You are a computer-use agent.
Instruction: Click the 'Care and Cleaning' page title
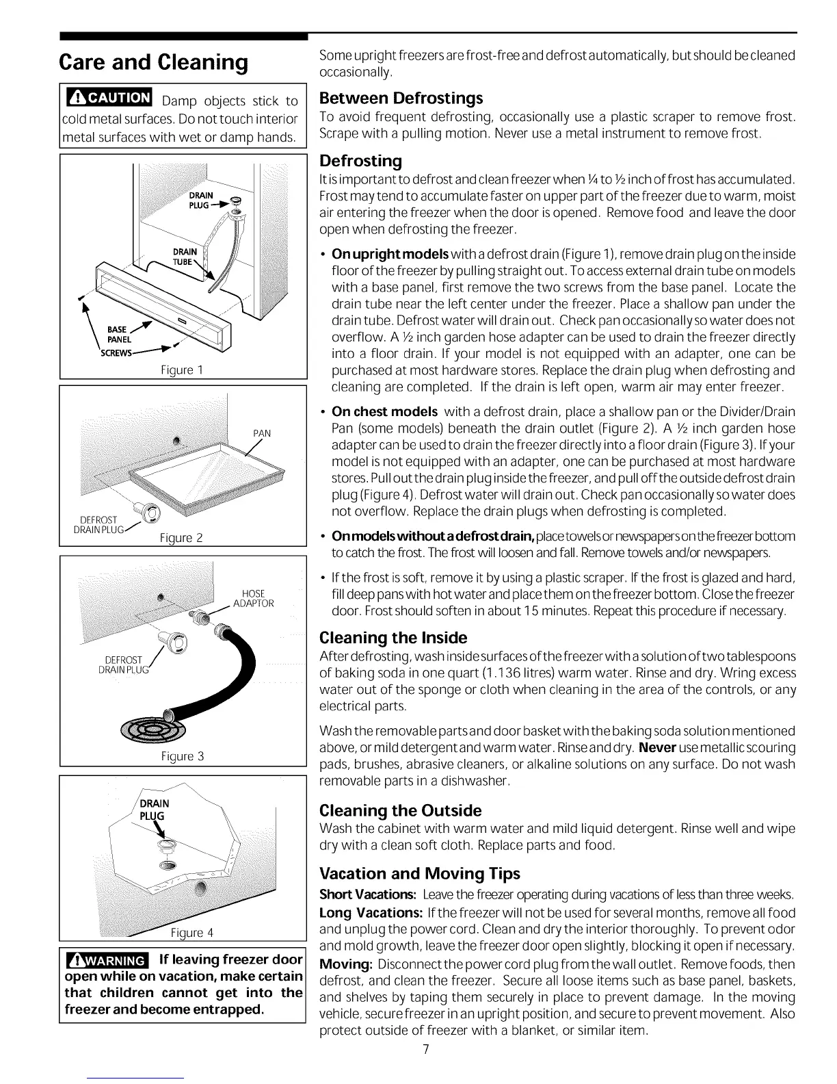point(153,62)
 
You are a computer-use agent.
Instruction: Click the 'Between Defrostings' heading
point(401,98)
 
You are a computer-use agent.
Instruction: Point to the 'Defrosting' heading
point(360,161)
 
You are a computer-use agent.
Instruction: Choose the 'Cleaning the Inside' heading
point(393,638)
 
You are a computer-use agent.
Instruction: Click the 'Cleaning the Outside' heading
point(401,811)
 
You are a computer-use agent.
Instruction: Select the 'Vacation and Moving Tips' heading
point(420,874)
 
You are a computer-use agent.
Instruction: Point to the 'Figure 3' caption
point(183,756)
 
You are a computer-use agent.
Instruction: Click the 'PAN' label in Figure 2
point(262,433)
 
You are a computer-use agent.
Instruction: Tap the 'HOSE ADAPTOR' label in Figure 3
point(253,598)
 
